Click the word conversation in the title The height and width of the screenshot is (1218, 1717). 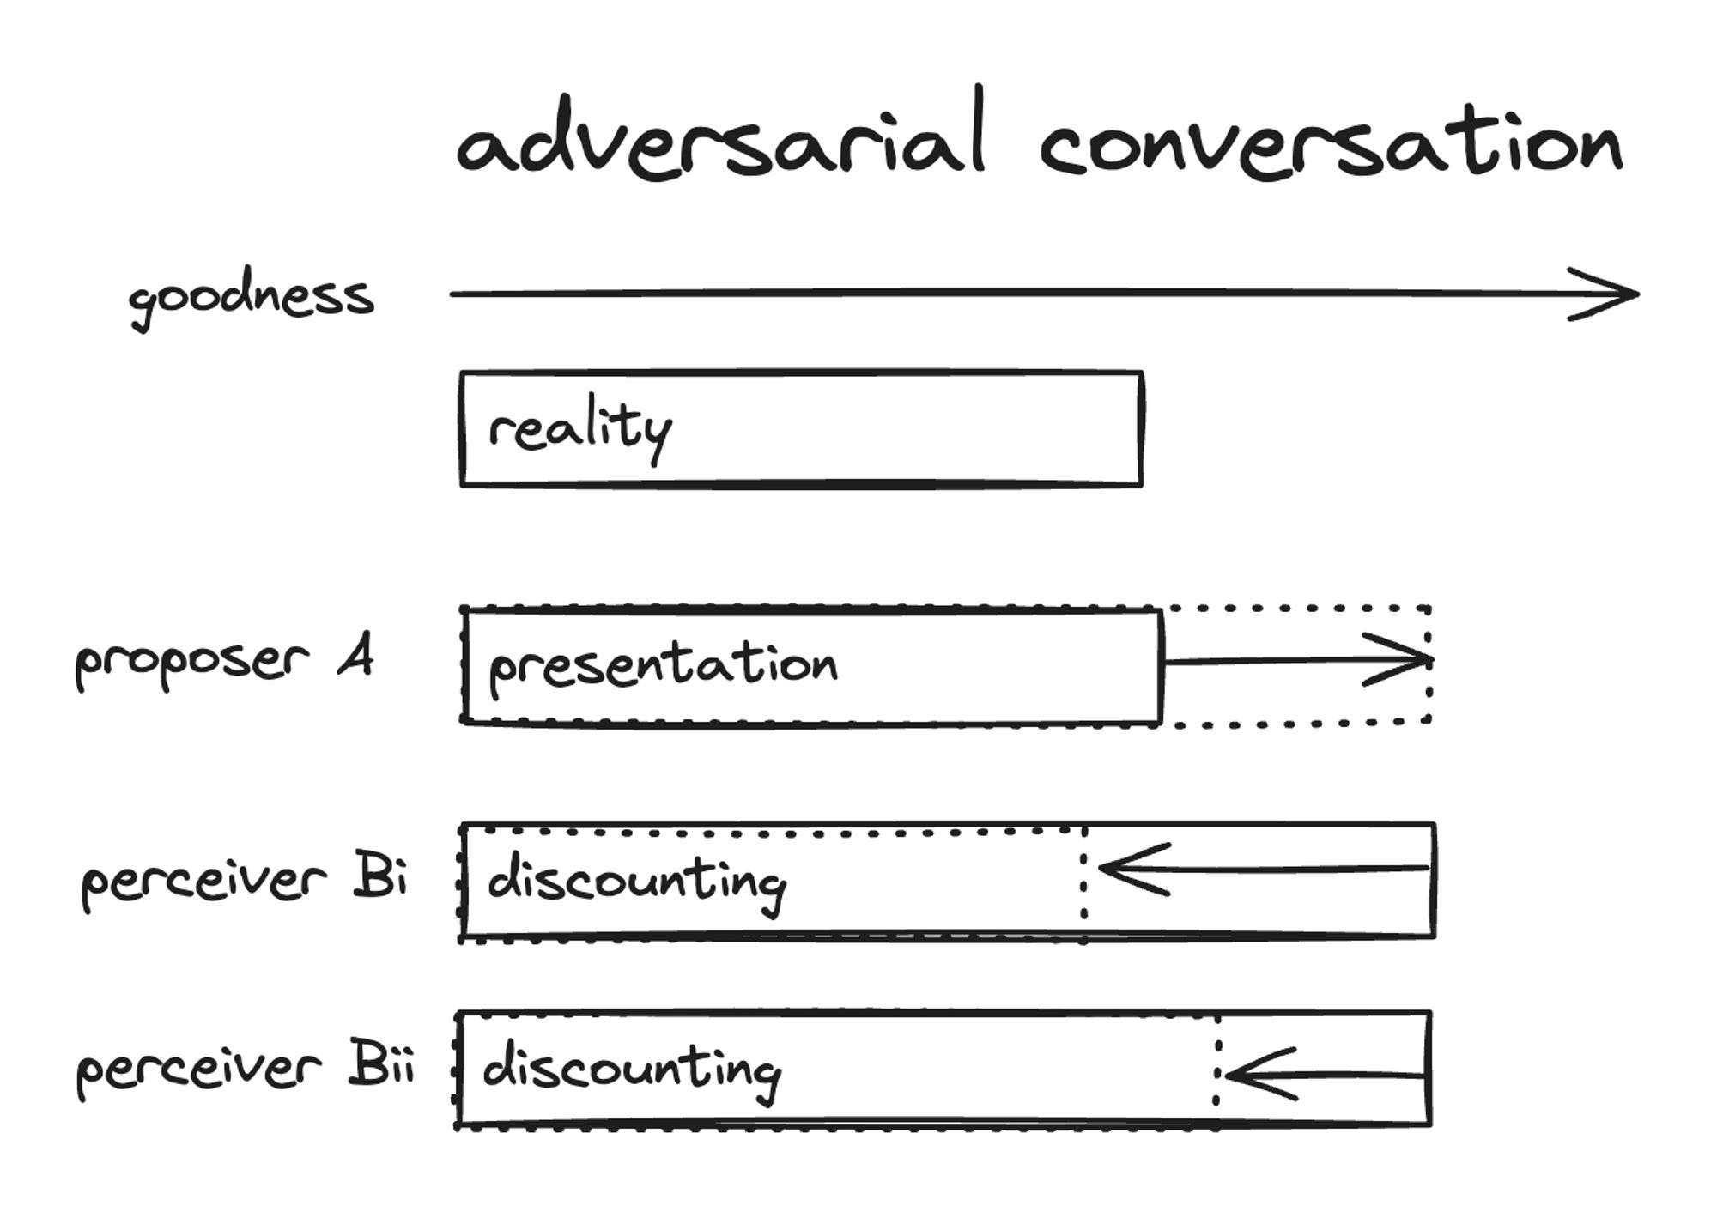(1330, 146)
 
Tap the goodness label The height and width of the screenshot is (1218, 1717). (251, 299)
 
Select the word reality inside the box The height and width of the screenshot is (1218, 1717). (579, 429)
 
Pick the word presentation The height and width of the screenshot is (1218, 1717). (663, 665)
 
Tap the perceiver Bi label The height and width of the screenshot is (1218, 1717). (244, 880)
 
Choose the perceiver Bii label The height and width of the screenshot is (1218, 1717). (246, 1070)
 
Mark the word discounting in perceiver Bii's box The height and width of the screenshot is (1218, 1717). (632, 1070)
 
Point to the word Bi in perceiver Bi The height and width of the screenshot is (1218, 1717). (379, 876)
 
